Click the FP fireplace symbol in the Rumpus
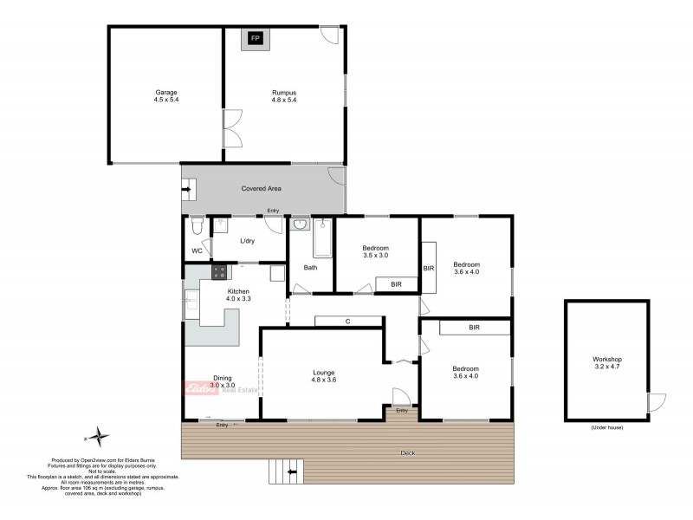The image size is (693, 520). (x=255, y=39)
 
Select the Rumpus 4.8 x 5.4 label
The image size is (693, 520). (x=283, y=96)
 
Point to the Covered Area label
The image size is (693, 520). (x=261, y=188)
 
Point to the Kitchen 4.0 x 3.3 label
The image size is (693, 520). (x=238, y=295)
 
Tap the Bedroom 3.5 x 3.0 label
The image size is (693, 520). (x=375, y=252)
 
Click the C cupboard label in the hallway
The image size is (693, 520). (x=347, y=322)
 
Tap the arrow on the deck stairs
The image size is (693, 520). (x=291, y=472)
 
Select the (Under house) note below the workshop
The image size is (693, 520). (x=607, y=428)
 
